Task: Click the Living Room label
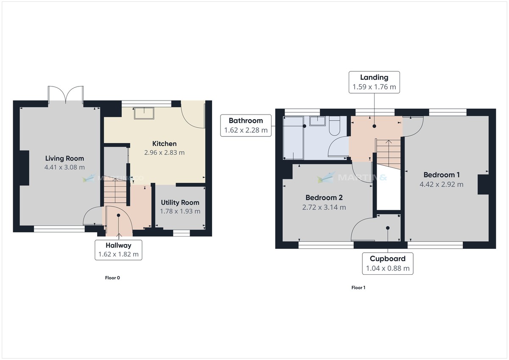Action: [64, 158]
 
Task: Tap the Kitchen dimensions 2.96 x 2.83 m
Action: [164, 152]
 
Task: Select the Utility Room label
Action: [180, 202]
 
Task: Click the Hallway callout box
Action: [118, 250]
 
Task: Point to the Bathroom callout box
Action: [246, 126]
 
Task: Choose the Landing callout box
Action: [374, 82]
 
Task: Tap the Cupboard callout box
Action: [388, 263]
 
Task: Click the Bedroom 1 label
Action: [442, 175]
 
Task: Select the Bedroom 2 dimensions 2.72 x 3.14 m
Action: [324, 207]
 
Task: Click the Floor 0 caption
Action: [112, 278]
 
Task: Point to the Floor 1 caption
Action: [358, 287]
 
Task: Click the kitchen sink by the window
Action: [144, 113]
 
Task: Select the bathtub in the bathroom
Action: [294, 138]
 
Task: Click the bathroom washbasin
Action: [317, 121]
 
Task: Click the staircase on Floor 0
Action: [115, 191]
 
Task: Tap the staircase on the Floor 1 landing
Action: [389, 154]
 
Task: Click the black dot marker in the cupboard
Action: [388, 228]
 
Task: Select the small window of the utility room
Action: [182, 233]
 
